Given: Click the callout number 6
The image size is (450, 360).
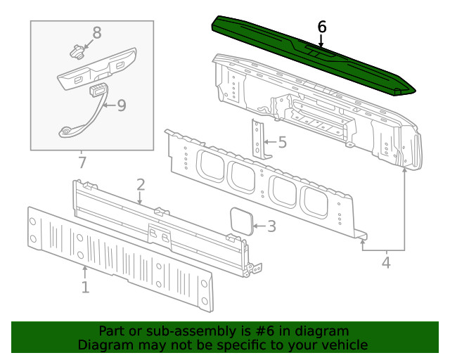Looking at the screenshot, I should (322, 27).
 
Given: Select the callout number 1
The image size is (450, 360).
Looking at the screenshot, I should (85, 287).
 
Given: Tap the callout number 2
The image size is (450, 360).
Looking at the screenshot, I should (141, 185).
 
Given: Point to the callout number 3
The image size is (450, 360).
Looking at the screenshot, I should (271, 226).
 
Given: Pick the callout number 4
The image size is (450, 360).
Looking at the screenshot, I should (385, 263).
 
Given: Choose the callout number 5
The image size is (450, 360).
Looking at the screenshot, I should (282, 143).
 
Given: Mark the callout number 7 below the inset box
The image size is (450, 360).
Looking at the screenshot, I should (82, 163).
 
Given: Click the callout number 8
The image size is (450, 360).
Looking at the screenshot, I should (97, 32).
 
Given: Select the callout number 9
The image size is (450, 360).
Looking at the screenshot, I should (121, 105).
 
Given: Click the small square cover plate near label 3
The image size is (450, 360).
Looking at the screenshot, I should (242, 220).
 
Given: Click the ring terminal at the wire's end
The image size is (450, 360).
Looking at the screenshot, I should (65, 131).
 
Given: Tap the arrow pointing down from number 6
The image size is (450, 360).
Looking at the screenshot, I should (321, 41).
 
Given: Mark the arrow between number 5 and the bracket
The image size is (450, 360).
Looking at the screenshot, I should (271, 143).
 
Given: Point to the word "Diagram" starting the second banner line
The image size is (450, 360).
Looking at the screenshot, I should (105, 345).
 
